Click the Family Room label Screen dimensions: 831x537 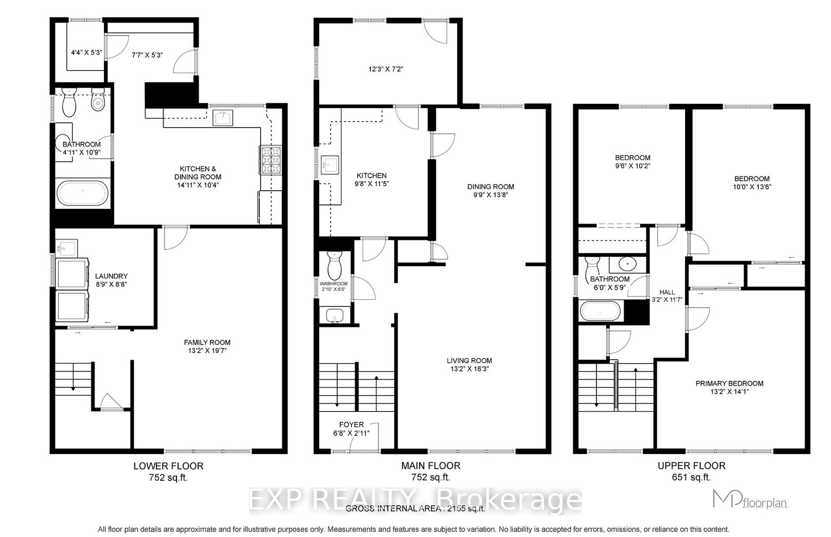(207, 342)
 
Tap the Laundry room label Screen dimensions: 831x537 (111, 276)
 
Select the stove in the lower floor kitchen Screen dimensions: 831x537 (271, 160)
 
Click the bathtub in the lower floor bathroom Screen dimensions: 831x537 (82, 193)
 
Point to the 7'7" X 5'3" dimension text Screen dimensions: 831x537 (147, 55)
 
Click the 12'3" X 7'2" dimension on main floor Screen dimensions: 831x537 (386, 69)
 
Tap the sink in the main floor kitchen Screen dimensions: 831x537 (330, 165)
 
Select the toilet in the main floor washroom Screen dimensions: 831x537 (334, 265)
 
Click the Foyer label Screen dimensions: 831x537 (351, 425)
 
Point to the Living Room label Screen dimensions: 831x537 (469, 361)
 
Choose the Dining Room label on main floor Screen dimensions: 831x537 (491, 187)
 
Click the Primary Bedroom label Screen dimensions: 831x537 (729, 383)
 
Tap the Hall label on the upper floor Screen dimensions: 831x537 (667, 292)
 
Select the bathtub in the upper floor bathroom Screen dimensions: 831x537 (600, 311)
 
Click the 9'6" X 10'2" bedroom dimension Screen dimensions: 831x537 (633, 166)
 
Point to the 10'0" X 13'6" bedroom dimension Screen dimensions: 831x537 (752, 187)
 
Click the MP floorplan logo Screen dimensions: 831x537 (750, 499)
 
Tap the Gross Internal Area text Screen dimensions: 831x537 (415, 508)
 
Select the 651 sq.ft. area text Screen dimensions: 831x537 (691, 477)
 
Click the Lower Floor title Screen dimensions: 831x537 (168, 466)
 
